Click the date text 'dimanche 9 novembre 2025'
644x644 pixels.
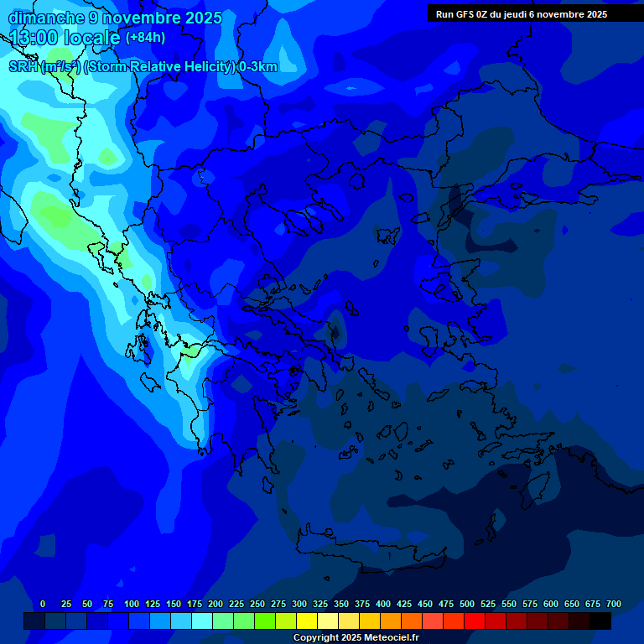[x=115, y=18]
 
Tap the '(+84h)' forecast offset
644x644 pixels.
[x=145, y=38]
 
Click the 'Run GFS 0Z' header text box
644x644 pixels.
[x=522, y=14]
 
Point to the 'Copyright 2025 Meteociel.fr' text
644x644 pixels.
[x=356, y=638]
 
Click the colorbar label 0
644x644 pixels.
[x=43, y=604]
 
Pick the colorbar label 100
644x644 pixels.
[x=132, y=604]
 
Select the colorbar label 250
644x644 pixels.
[x=257, y=604]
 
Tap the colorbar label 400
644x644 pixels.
[x=383, y=604]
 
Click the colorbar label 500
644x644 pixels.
[x=467, y=604]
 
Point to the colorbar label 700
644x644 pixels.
[x=614, y=604]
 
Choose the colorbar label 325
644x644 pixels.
[x=320, y=604]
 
